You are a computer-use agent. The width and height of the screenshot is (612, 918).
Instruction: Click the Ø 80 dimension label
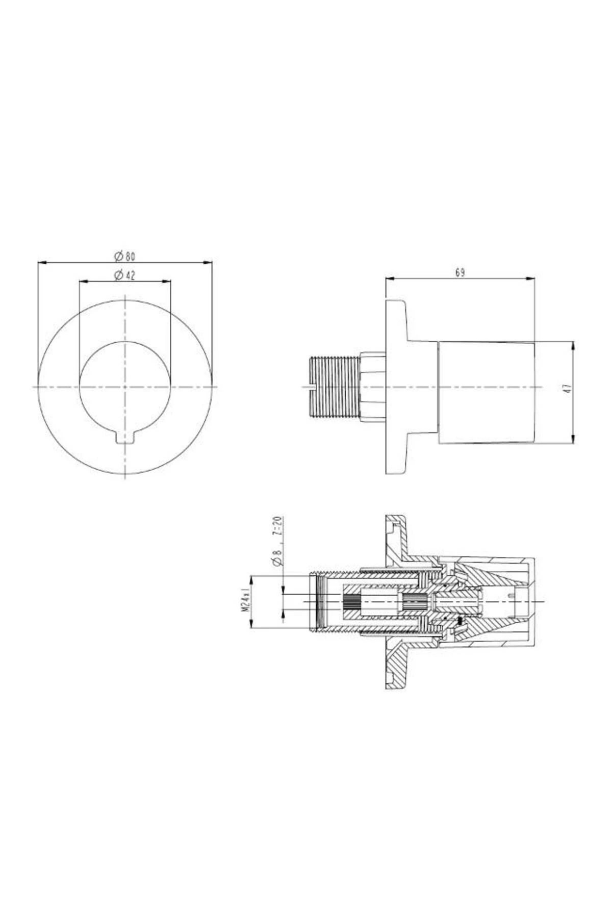pos(125,255)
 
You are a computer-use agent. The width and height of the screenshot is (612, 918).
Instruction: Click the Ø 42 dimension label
pos(125,275)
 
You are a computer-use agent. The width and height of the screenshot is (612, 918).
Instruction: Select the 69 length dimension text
pos(460,273)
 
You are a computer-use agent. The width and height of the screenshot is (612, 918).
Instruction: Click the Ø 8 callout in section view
pos(277,557)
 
